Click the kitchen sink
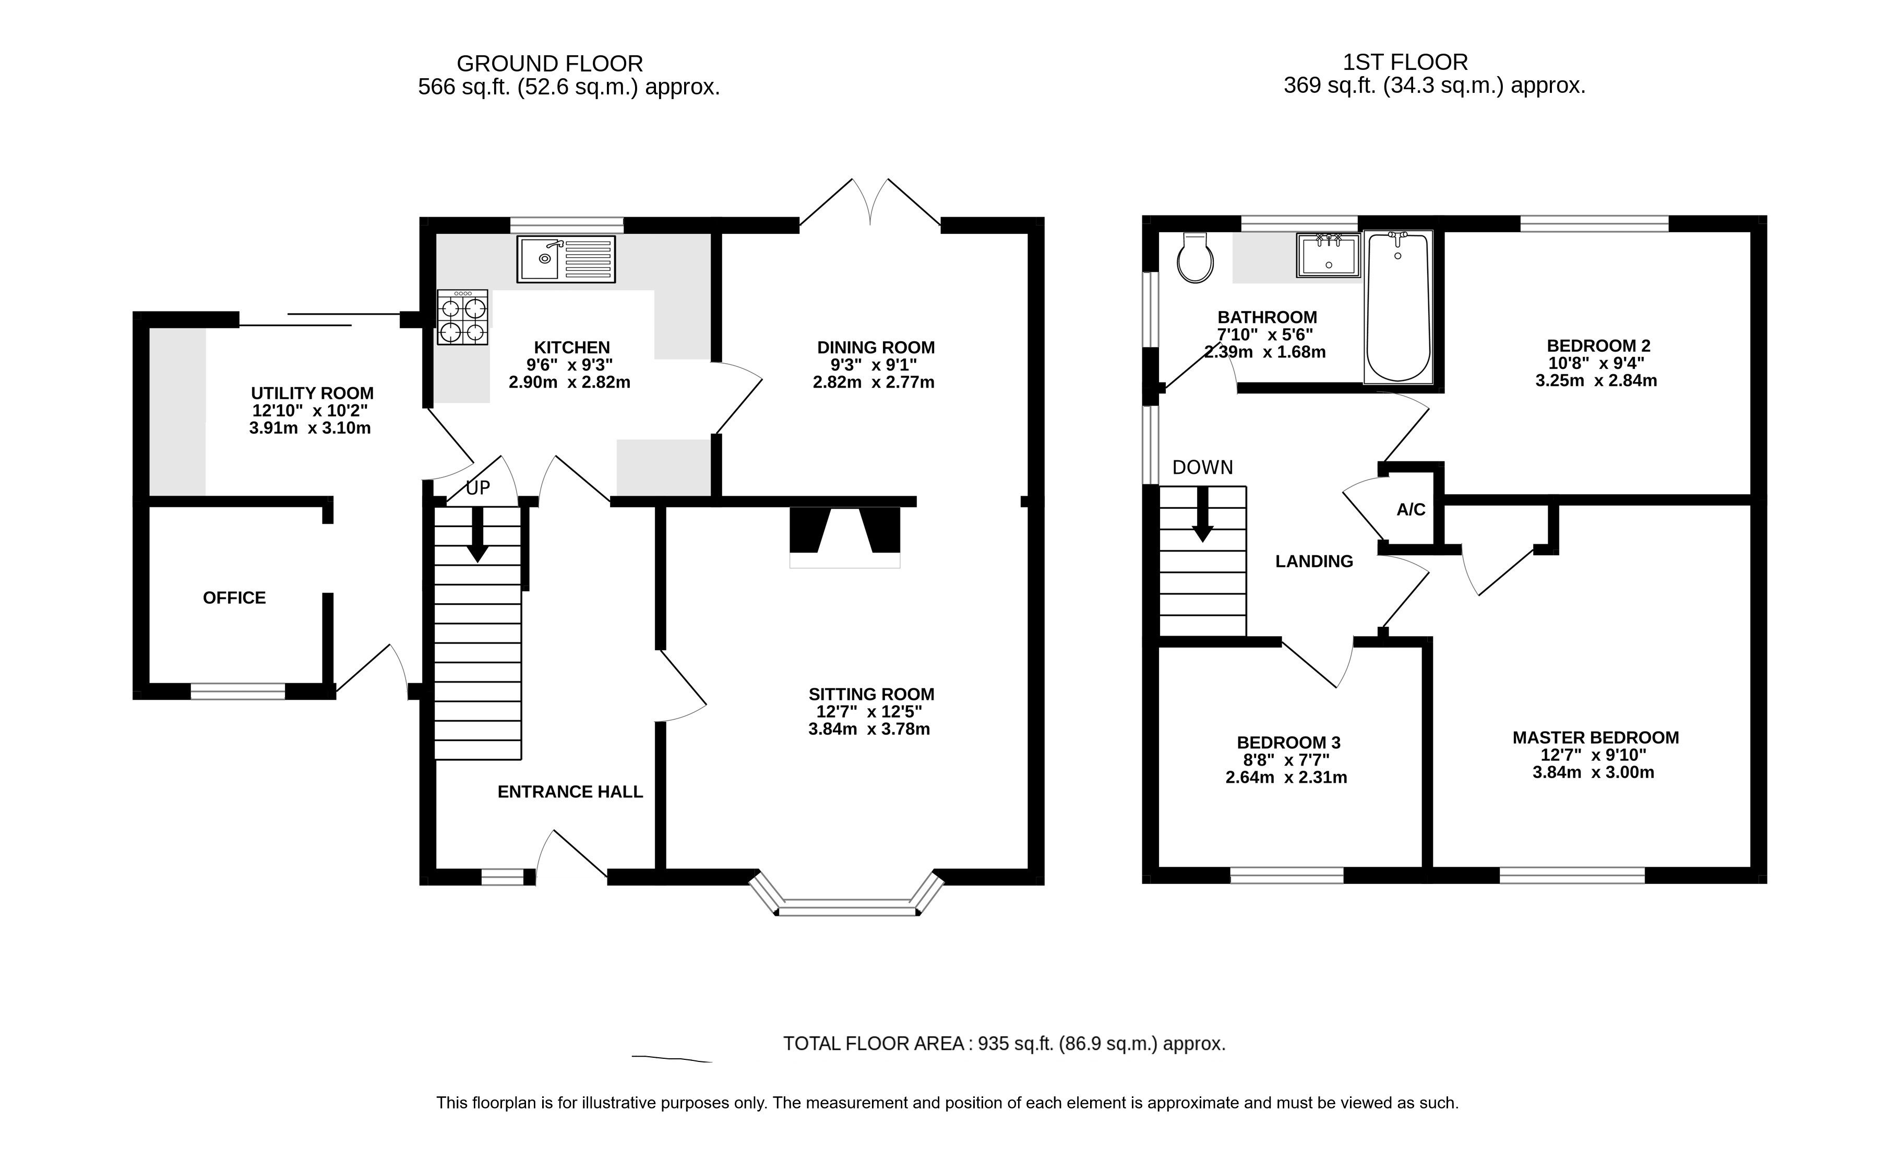(x=567, y=259)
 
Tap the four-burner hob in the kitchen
(x=463, y=317)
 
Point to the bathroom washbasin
(x=1328, y=255)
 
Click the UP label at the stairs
(x=478, y=488)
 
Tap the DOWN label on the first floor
(x=1202, y=467)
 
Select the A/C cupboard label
(x=1411, y=510)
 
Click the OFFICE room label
(x=234, y=598)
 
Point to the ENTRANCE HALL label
(x=570, y=792)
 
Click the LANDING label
(x=1314, y=561)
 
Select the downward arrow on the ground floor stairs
(x=477, y=534)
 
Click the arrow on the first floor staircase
(x=1202, y=515)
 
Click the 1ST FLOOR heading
(x=1405, y=62)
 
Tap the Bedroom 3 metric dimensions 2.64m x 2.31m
(x=1286, y=778)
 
